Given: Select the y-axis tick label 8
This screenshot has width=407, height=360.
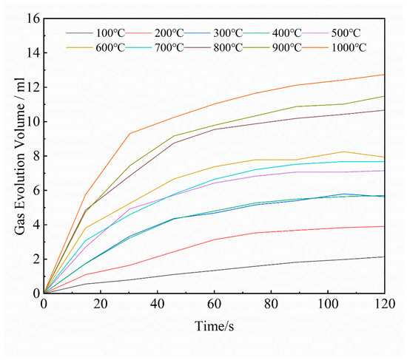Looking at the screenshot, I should pyautogui.click(x=34, y=156).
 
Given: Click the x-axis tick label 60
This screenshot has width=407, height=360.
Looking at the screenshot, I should pyautogui.click(x=214, y=305).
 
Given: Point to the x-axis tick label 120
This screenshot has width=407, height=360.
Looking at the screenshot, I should pyautogui.click(x=383, y=305).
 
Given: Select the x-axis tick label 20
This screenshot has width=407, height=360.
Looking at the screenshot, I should pyautogui.click(x=101, y=305).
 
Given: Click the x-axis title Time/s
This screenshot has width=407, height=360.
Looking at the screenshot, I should pyautogui.click(x=214, y=326).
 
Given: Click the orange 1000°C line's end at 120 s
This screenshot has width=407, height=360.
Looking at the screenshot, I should pyautogui.click(x=384, y=75).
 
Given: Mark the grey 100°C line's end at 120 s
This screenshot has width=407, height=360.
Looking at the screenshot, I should pyautogui.click(x=384, y=257).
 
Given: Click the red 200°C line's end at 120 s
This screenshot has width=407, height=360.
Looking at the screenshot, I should pyautogui.click(x=384, y=226).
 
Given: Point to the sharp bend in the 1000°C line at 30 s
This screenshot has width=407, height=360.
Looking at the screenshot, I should pyautogui.click(x=129, y=134).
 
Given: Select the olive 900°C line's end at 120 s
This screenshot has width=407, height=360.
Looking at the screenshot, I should pyautogui.click(x=384, y=96).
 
